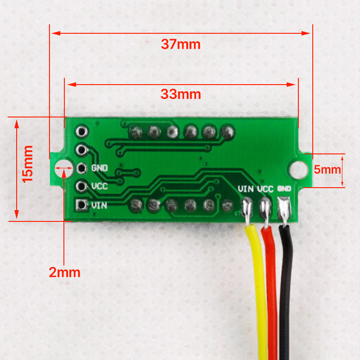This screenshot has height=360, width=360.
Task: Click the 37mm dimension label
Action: [180, 45]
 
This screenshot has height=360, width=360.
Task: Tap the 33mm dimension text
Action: [180, 94]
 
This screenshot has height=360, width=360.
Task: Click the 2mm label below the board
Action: [65, 272]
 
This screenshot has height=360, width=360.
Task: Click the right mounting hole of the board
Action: [297, 169]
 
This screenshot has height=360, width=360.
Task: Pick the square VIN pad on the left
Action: [81, 205]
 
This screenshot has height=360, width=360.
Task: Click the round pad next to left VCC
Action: [81, 186]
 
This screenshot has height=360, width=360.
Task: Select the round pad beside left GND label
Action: [81, 168]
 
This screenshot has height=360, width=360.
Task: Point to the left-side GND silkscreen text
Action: [99, 168]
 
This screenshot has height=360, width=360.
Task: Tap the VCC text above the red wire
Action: [265, 189]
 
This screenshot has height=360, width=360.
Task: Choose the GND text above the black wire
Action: [284, 189]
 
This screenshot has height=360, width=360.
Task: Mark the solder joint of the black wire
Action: [284, 209]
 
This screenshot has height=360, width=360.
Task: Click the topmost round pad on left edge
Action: [81, 131]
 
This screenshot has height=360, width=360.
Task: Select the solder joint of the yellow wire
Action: [247, 209]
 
